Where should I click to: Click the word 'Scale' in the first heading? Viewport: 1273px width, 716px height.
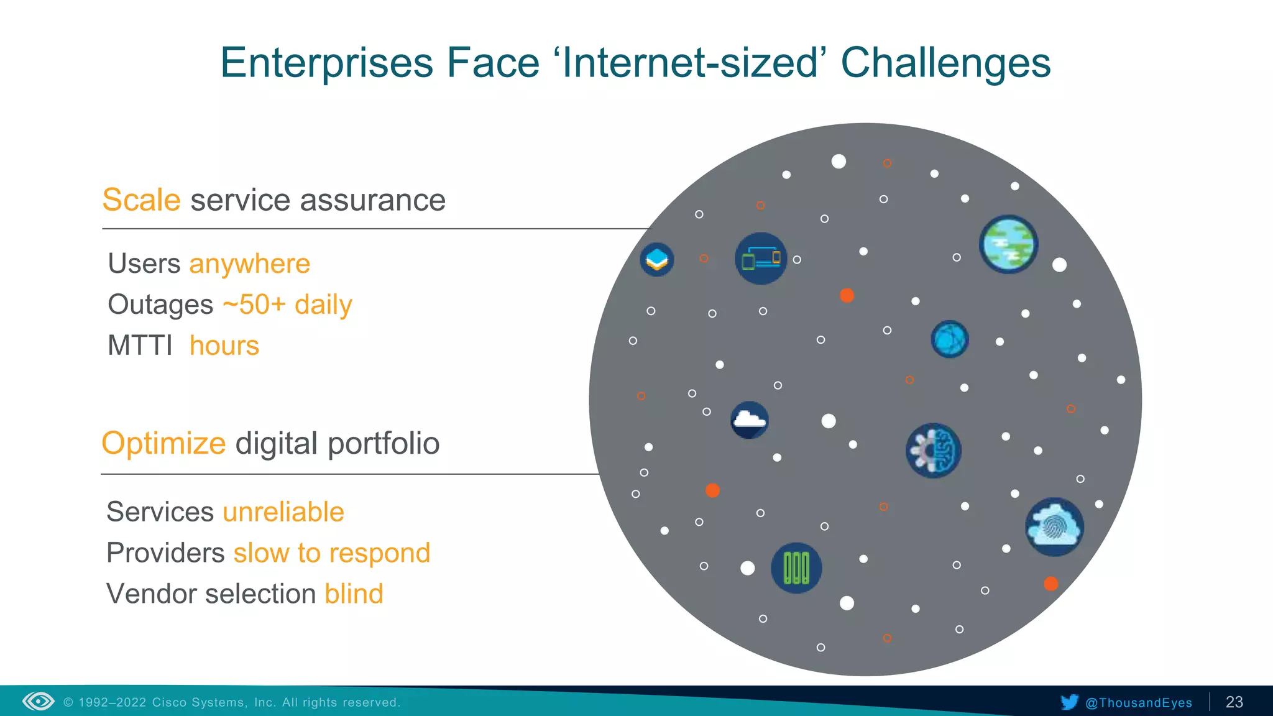point(141,200)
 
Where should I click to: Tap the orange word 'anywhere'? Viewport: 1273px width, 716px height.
point(249,264)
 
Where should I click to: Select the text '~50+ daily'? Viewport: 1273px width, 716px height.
point(287,305)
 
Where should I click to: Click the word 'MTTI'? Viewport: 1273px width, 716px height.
point(140,346)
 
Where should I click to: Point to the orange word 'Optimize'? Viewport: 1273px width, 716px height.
point(163,444)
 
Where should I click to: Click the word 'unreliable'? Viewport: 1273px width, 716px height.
point(283,512)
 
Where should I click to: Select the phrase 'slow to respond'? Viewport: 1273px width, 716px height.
point(331,553)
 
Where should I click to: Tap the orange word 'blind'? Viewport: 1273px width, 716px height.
point(354,594)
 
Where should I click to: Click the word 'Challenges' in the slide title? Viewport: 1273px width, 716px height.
point(945,63)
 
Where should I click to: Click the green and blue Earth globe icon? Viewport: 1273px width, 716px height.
point(1008,244)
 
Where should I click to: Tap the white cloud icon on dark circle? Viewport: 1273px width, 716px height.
point(749,420)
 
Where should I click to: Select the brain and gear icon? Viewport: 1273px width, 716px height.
point(933,451)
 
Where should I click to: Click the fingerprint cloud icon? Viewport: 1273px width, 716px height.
point(1054,527)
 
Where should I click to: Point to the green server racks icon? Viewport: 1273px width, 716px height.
point(796,568)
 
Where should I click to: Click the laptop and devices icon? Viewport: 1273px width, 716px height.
point(761,259)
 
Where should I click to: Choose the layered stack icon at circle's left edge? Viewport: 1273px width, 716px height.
point(657,259)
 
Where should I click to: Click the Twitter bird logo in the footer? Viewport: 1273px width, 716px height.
point(1069,702)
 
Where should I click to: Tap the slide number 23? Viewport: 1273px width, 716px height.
point(1234,702)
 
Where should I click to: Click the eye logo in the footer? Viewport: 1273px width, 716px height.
point(39,702)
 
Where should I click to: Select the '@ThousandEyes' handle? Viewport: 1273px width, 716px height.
point(1138,703)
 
